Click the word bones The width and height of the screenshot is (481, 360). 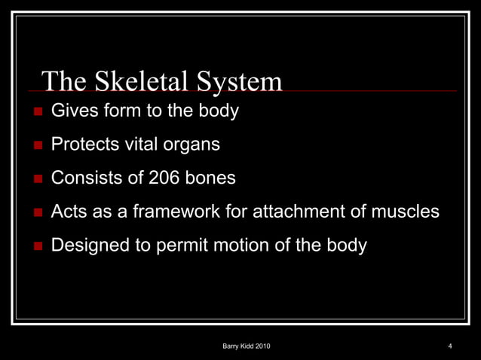point(210,178)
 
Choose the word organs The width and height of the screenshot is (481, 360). point(195,145)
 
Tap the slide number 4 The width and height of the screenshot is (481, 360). point(449,346)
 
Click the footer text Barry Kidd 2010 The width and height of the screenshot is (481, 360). point(247,346)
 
